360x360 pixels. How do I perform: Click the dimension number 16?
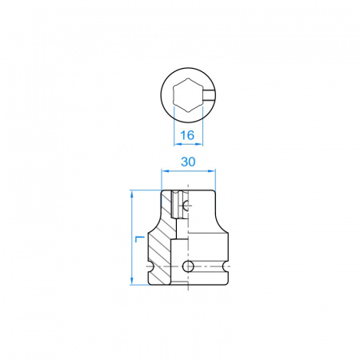[187, 135]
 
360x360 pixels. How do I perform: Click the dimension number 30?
[188, 162]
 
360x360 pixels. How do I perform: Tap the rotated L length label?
[140, 239]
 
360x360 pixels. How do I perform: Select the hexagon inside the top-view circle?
[188, 94]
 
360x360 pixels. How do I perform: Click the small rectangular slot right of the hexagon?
[209, 94]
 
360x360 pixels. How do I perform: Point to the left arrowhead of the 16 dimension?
[178, 144]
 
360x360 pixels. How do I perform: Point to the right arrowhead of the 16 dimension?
[199, 144]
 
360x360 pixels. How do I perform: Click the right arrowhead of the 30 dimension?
[211, 170]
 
